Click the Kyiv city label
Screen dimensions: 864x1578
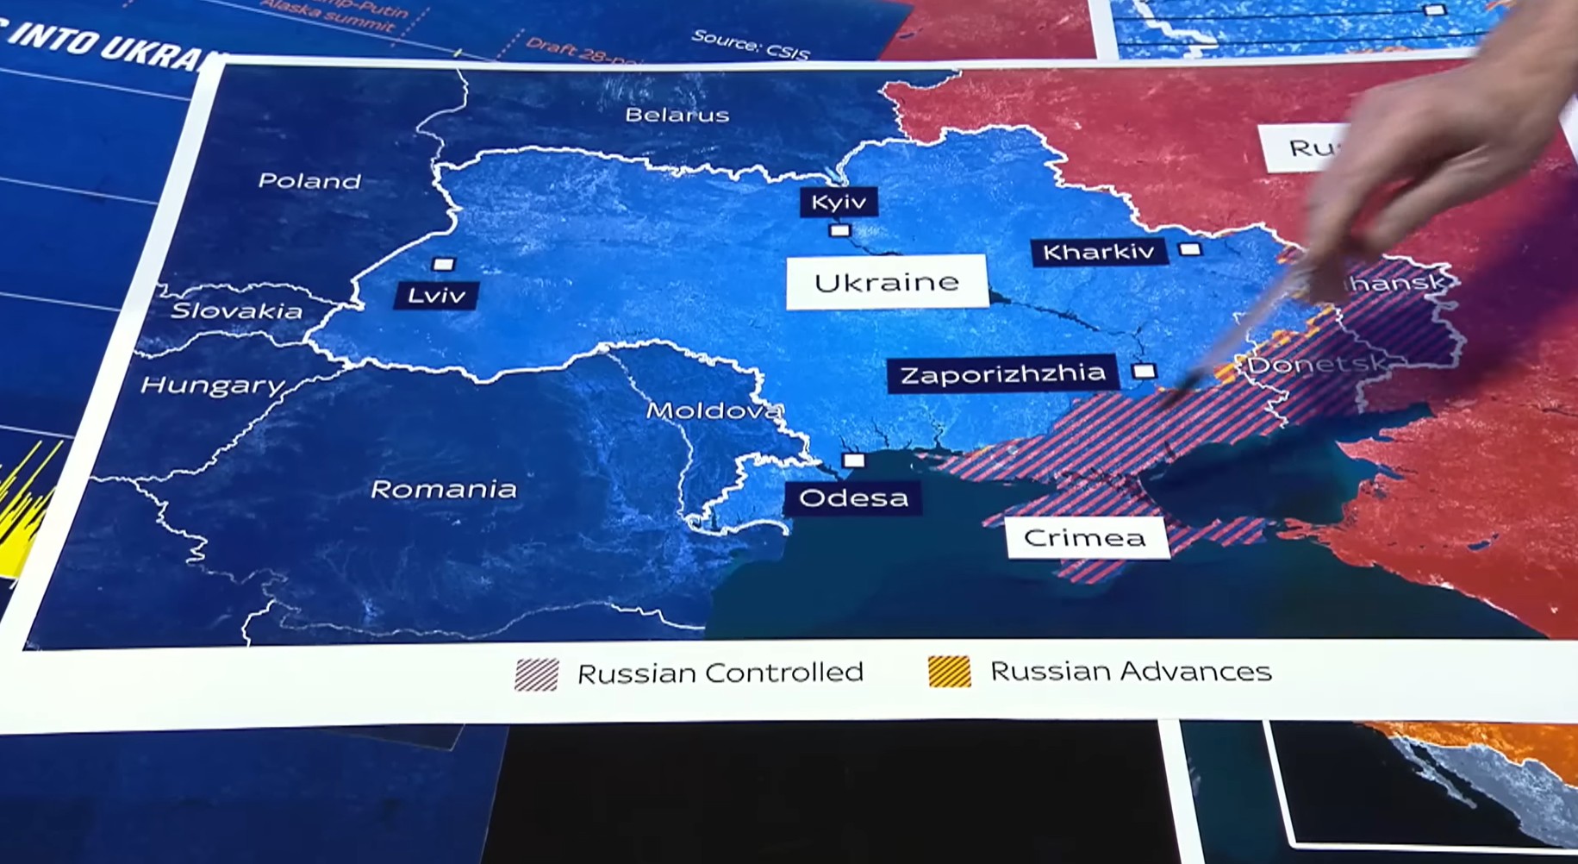(839, 203)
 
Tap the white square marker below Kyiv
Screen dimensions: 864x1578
(839, 230)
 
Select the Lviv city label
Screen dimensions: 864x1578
(436, 296)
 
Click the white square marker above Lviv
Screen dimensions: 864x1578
(443, 264)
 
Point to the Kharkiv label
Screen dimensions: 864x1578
(1098, 252)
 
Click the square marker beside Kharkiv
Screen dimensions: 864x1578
(1190, 249)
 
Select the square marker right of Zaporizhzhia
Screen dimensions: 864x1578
(1144, 372)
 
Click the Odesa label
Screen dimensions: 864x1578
(853, 498)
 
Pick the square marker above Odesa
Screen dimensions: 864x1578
(853, 460)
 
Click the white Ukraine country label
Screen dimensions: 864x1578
(886, 282)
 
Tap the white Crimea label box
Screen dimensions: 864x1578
(1085, 538)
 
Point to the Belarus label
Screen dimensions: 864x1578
(677, 115)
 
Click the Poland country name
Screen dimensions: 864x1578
(309, 181)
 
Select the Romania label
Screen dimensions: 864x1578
(444, 490)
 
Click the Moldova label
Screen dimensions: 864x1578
(713, 410)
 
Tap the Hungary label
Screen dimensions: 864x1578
(212, 385)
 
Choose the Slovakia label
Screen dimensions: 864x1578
(236, 311)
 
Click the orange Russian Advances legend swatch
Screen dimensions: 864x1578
(949, 672)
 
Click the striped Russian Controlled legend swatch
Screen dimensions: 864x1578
(537, 674)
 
